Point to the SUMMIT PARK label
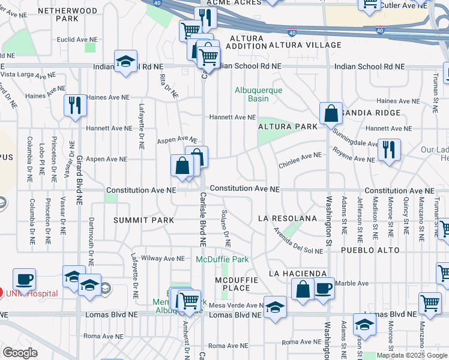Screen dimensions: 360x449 [x=144, y=220]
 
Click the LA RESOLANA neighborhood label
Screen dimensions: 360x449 [x=287, y=218]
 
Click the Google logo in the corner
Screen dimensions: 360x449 [x=19, y=353]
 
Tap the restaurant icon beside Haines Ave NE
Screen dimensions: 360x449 [x=75, y=104]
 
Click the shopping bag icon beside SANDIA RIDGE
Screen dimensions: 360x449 [x=331, y=112]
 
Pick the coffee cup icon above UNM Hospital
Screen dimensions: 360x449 [x=24, y=279]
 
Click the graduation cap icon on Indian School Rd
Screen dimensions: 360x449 [x=125, y=61]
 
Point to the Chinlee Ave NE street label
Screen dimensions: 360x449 [x=300, y=155]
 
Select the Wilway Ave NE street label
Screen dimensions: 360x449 [x=162, y=259]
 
